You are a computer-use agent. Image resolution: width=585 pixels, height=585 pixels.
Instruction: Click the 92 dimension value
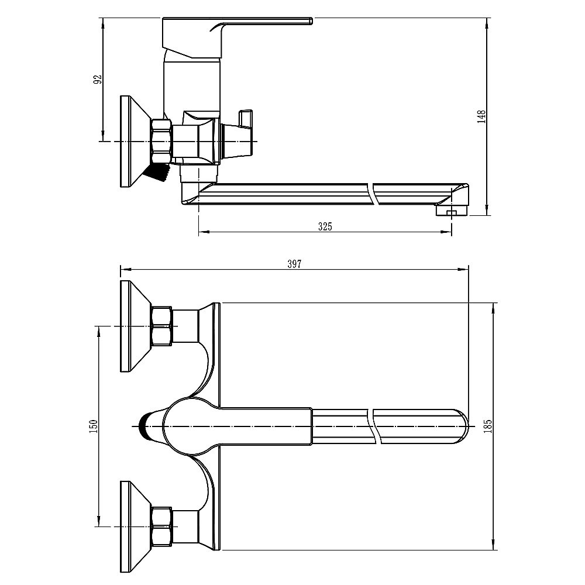[98, 80]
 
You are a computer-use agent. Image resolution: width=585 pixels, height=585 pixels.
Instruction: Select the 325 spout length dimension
[325, 226]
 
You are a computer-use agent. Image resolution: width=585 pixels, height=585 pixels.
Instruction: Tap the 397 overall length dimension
[294, 264]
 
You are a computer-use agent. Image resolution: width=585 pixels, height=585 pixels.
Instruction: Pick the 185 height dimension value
[488, 426]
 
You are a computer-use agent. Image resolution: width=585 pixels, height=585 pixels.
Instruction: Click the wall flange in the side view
[135, 142]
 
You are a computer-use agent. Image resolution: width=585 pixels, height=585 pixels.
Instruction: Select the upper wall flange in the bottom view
[135, 326]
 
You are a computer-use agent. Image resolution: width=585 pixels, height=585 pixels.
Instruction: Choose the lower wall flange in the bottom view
[135, 526]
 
